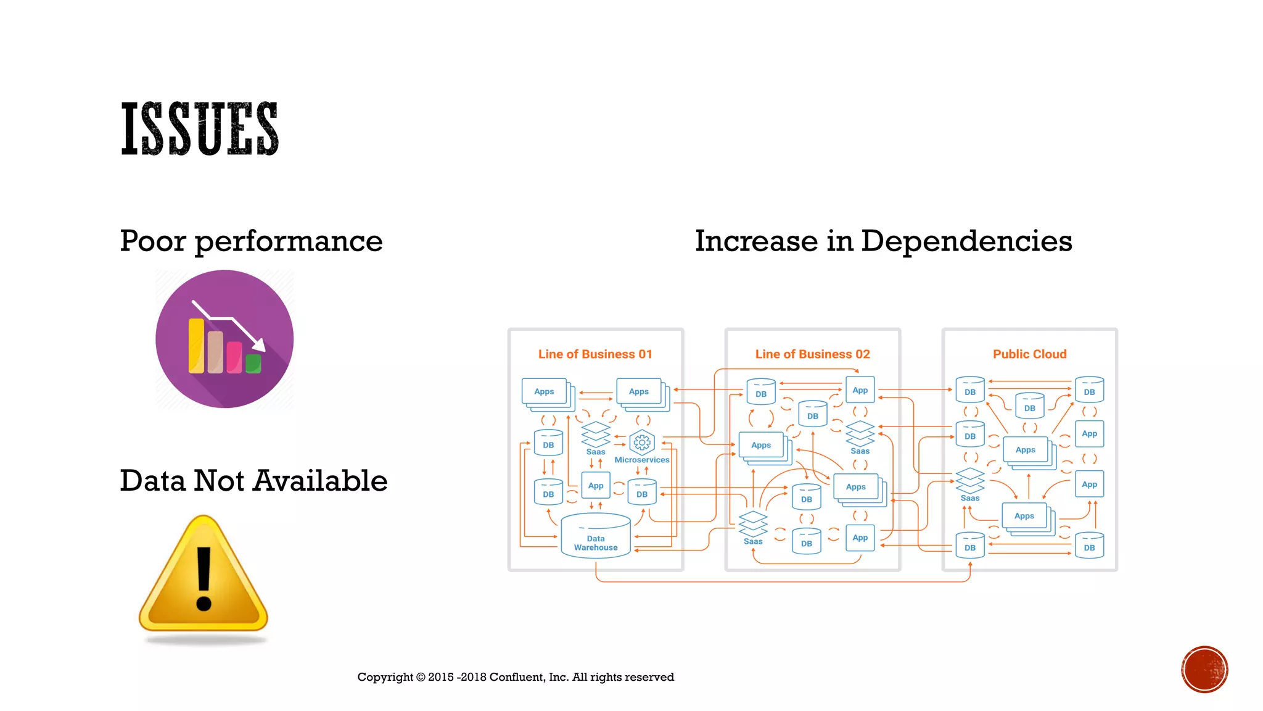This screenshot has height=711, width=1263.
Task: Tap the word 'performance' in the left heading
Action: [x=289, y=241]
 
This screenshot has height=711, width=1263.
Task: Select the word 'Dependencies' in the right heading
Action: [x=966, y=241]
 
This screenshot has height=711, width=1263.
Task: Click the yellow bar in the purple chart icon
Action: [x=196, y=346]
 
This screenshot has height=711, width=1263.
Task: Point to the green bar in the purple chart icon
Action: [x=253, y=364]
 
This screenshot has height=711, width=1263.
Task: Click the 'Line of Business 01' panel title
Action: [x=595, y=354]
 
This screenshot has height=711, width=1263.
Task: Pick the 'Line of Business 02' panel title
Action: [x=812, y=354]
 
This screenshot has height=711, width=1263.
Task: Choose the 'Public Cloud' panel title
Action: [x=1029, y=354]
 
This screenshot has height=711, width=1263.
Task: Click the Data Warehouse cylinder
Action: [x=596, y=536]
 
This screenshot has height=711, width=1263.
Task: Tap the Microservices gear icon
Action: [x=642, y=443]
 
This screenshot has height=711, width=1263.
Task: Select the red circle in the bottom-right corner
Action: [x=1204, y=670]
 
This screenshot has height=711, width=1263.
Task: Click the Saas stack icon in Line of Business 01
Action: [x=596, y=434]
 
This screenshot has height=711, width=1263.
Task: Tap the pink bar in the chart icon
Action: [x=234, y=357]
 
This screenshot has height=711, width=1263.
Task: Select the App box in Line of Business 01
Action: [x=596, y=486]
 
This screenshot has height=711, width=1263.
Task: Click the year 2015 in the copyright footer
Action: [x=441, y=677]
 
